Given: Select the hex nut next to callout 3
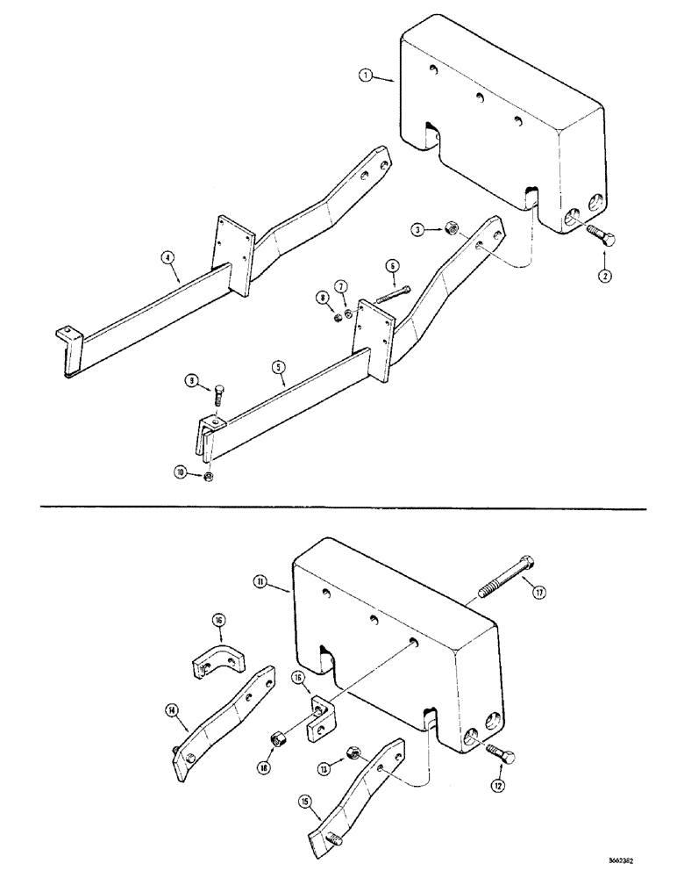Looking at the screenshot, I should [x=445, y=229].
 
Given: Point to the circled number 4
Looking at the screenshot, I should [x=167, y=258].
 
